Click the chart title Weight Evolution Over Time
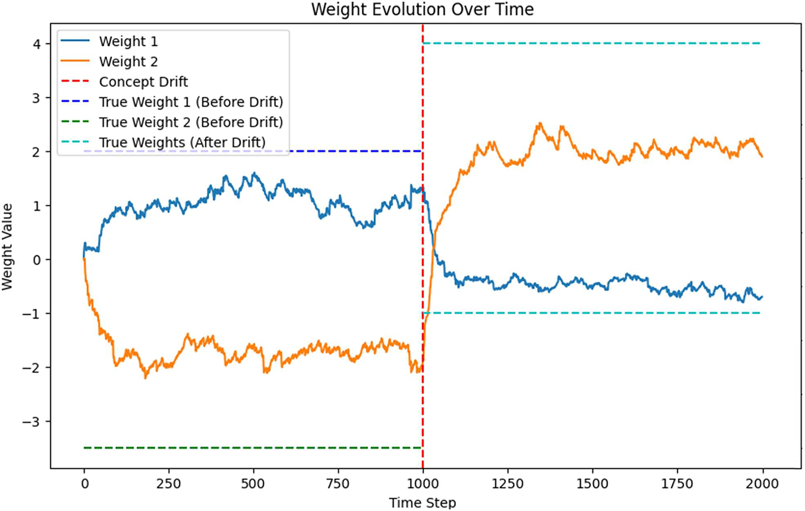pos(422,9)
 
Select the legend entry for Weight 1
pos(128,41)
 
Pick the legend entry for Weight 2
pos(128,62)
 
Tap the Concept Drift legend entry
pos(143,82)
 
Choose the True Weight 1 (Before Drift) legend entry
pos(190,102)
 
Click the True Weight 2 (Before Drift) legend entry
pos(190,122)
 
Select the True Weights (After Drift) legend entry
pos(182,143)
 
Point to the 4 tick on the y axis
pos(37,44)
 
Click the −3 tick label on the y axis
pos(32,421)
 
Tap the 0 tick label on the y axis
pos(37,260)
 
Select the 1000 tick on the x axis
pos(423,484)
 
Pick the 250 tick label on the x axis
pos(168,484)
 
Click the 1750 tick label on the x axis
pos(677,484)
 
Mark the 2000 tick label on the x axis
pos(762,484)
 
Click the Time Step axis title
pos(422,502)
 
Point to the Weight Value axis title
pos(7,247)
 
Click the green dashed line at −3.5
pos(243,448)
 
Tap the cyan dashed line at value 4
pos(584,43)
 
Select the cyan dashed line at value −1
pos(584,313)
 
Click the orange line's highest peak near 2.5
pos(540,124)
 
